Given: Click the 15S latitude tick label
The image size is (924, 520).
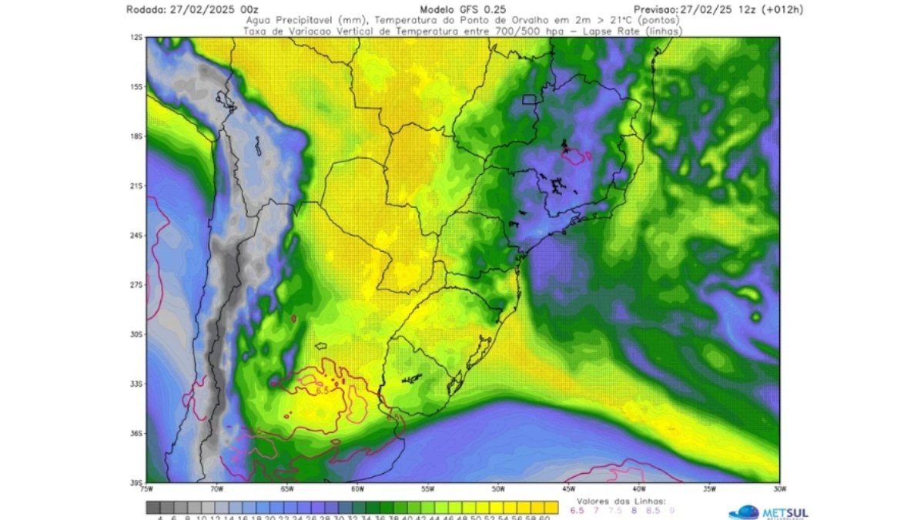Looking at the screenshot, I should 136,86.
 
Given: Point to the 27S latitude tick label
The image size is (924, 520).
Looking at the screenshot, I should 136,284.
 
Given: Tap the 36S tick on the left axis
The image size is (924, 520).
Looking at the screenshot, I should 136,433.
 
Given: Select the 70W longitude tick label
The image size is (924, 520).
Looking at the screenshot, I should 216,488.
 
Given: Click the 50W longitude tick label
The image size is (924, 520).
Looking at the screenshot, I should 498,488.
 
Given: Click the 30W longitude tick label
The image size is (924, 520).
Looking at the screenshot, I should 779,488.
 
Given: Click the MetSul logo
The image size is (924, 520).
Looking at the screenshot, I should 767,512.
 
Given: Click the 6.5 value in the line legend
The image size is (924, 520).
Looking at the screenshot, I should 576,510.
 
